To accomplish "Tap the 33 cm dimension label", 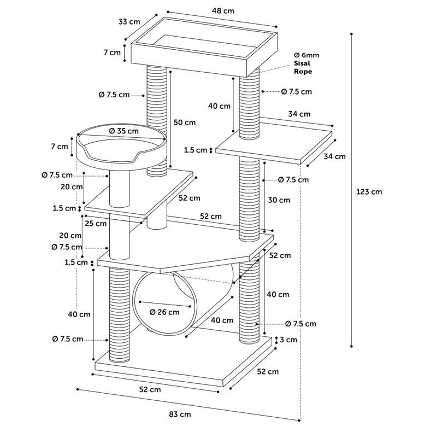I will coord(129,22).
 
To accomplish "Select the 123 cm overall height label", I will coord(369,191).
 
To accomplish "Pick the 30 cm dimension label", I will coord(279,200).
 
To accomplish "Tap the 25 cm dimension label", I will coord(96,224).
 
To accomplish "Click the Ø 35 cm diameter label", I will coord(123,131).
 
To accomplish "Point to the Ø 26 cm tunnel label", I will coord(164,312).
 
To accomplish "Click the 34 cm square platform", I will coord(274,143).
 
